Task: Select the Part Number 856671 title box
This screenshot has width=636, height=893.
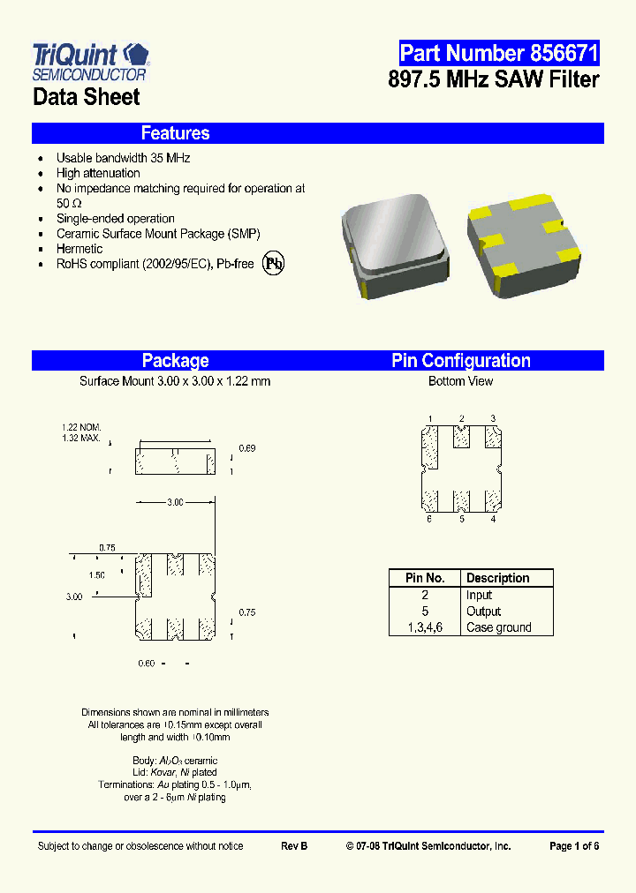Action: click(x=498, y=53)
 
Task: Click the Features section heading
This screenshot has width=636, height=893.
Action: click(x=175, y=133)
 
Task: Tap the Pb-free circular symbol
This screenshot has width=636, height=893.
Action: click(x=274, y=265)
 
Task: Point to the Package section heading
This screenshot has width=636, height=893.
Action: click(x=175, y=360)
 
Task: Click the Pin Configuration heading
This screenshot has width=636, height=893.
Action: click(x=460, y=360)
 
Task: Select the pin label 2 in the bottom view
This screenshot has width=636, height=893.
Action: click(x=461, y=418)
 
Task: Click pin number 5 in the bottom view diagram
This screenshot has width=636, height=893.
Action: click(x=461, y=520)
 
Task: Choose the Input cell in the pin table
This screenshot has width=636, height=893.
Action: click(x=479, y=596)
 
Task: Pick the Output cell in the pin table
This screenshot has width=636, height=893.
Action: click(x=483, y=612)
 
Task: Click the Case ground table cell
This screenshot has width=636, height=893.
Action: click(x=498, y=627)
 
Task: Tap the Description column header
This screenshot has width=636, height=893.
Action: click(x=497, y=578)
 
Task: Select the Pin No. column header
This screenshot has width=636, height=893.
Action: click(x=424, y=578)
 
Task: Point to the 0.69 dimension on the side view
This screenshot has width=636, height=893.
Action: click(x=247, y=449)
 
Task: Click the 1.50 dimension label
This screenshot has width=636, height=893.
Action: click(x=96, y=574)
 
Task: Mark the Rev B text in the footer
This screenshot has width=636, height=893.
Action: click(x=294, y=846)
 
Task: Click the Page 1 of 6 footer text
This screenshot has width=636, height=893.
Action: click(x=573, y=846)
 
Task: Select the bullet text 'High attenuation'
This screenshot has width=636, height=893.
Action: click(x=98, y=173)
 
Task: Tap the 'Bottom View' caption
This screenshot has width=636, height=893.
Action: click(x=460, y=381)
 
